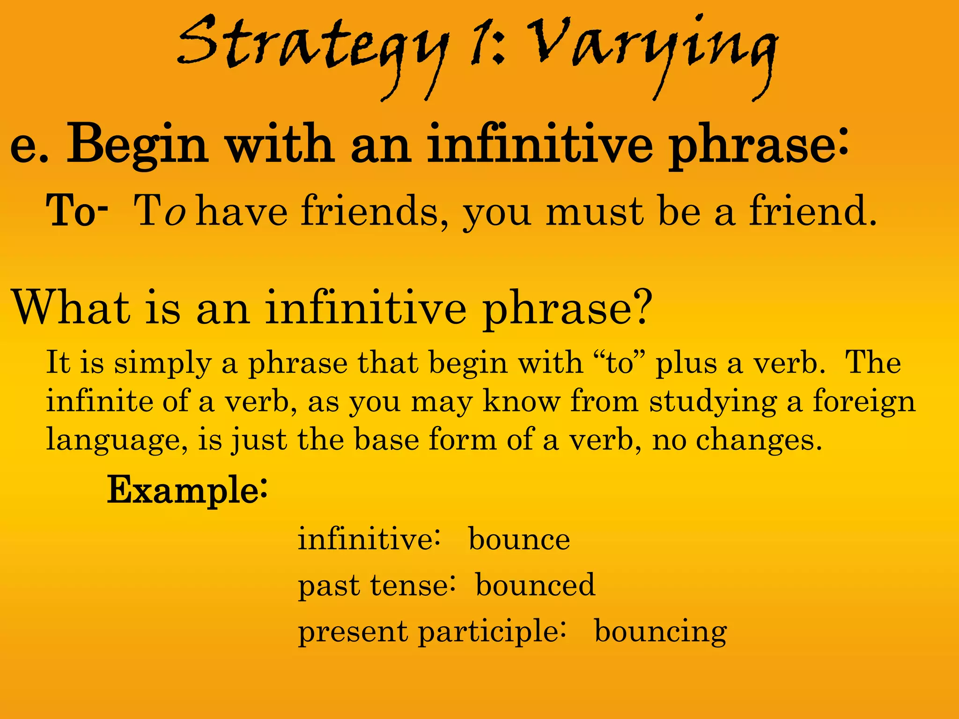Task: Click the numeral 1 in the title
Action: [480, 44]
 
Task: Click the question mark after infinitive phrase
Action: [640, 307]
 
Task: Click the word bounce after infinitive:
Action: [519, 540]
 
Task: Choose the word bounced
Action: [535, 585]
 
